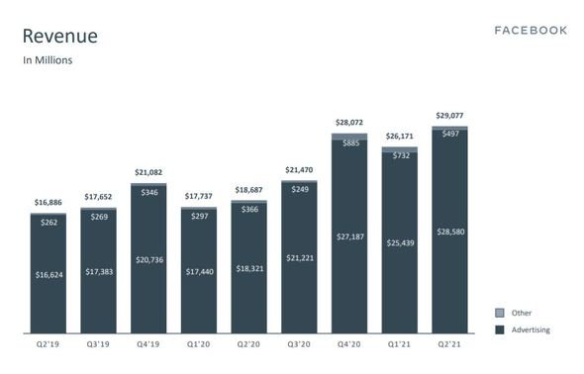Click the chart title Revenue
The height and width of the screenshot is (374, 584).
pyautogui.click(x=60, y=37)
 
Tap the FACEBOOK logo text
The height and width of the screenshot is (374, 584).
pyautogui.click(x=531, y=31)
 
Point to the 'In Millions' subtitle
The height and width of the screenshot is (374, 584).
pyautogui.click(x=48, y=60)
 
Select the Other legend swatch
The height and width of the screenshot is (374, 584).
pyautogui.click(x=500, y=313)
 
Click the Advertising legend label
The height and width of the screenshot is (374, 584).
pyautogui.click(x=531, y=329)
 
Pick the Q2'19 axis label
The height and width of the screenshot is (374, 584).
pyautogui.click(x=48, y=344)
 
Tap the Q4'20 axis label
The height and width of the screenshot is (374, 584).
pyautogui.click(x=349, y=344)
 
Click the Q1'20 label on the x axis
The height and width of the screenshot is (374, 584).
pyautogui.click(x=199, y=344)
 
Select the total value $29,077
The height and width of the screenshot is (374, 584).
pyautogui.click(x=449, y=116)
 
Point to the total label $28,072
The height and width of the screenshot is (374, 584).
pyautogui.click(x=349, y=123)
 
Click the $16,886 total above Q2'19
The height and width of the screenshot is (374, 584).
pyautogui.click(x=49, y=203)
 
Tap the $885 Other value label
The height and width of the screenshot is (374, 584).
pyautogui.click(x=350, y=142)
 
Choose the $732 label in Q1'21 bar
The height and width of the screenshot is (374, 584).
pyautogui.click(x=401, y=155)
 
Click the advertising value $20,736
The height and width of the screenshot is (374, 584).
pyautogui.click(x=149, y=260)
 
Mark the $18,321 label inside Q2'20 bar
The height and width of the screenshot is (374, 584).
pyautogui.click(x=249, y=269)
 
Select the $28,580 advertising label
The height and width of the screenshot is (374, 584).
pyautogui.click(x=450, y=232)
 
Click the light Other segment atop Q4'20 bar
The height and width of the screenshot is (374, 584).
pyautogui.click(x=349, y=137)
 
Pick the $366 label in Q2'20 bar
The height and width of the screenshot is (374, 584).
pyautogui.click(x=249, y=209)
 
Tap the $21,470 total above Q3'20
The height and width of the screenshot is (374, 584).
pyautogui.click(x=299, y=170)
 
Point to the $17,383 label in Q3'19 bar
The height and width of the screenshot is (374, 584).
pyautogui.click(x=99, y=272)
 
